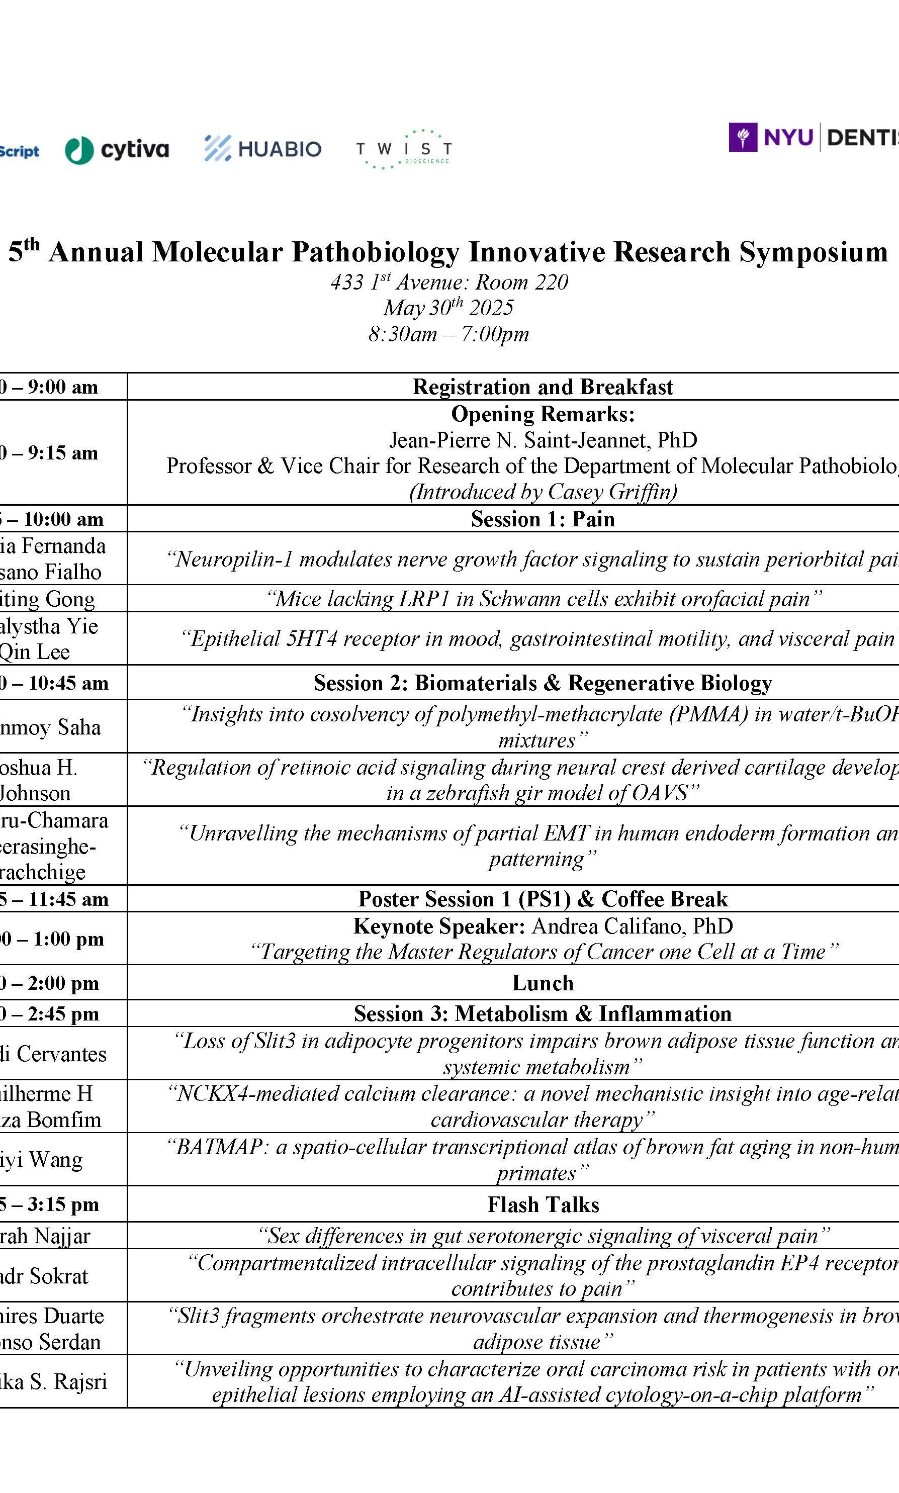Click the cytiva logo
(x=117, y=150)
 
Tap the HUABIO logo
(x=263, y=148)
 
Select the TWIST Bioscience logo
(x=403, y=149)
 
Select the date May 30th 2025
(x=448, y=308)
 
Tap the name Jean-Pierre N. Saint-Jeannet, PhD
(x=543, y=440)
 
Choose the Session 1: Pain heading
(x=543, y=519)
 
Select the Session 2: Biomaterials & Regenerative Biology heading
(x=543, y=683)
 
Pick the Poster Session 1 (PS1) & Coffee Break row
(x=543, y=899)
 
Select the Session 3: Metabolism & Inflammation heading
(x=543, y=1013)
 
